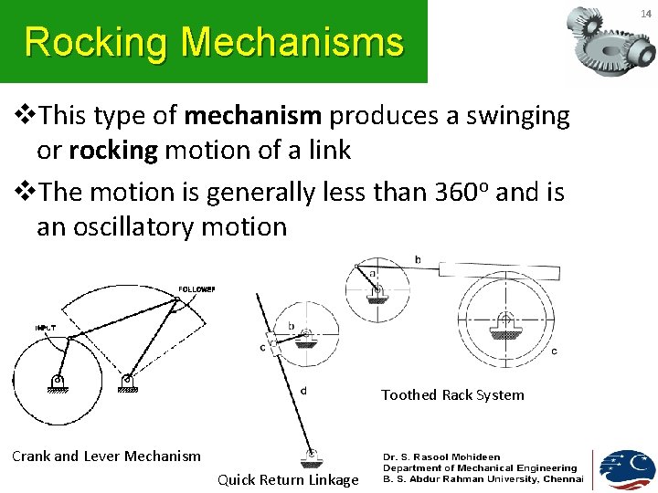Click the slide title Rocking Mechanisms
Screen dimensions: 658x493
(214, 42)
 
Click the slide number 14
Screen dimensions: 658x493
(644, 14)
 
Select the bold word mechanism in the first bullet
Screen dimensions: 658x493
(253, 116)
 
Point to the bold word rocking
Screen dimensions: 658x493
(113, 151)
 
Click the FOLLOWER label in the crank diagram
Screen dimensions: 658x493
(196, 288)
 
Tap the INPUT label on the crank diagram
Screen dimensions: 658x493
(45, 326)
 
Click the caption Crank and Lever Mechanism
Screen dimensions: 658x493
(106, 456)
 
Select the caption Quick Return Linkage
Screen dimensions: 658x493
(288, 480)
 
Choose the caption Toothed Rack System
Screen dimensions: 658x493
(452, 395)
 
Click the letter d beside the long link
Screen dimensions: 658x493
(303, 390)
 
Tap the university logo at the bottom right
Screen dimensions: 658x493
(626, 469)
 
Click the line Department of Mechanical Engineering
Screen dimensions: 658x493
(480, 467)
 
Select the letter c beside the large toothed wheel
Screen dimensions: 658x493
(555, 351)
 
